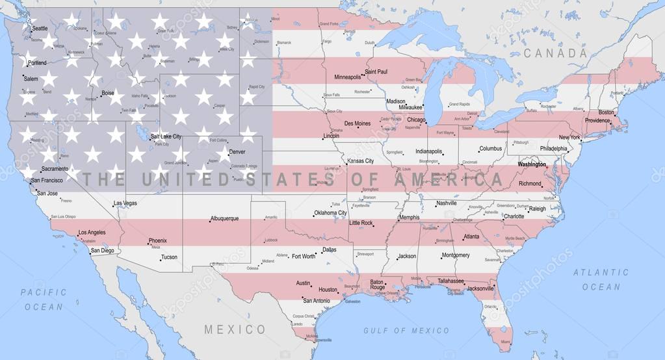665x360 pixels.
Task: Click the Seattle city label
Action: tap(40, 29)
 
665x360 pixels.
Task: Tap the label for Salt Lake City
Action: tap(166, 136)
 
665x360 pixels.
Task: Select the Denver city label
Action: tap(237, 152)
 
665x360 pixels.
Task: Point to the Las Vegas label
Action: tap(125, 203)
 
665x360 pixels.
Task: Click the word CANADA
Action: tap(555, 53)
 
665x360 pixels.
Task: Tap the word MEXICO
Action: tap(235, 329)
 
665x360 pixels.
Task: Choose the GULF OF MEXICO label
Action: tap(406, 331)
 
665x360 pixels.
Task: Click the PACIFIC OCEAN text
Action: tap(44, 300)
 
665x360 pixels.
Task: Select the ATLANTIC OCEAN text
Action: tap(600, 279)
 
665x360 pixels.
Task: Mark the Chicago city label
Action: tap(416, 120)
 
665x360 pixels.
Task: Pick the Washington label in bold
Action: tap(532, 164)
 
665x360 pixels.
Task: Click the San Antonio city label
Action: tap(316, 301)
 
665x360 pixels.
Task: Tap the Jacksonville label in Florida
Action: tap(480, 289)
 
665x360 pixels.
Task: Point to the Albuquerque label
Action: tap(224, 219)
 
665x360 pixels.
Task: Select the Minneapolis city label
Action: tap(347, 77)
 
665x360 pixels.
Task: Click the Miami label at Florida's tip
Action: tap(505, 341)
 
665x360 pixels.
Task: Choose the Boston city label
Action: tap(606, 112)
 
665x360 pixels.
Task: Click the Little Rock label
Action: tap(361, 223)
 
